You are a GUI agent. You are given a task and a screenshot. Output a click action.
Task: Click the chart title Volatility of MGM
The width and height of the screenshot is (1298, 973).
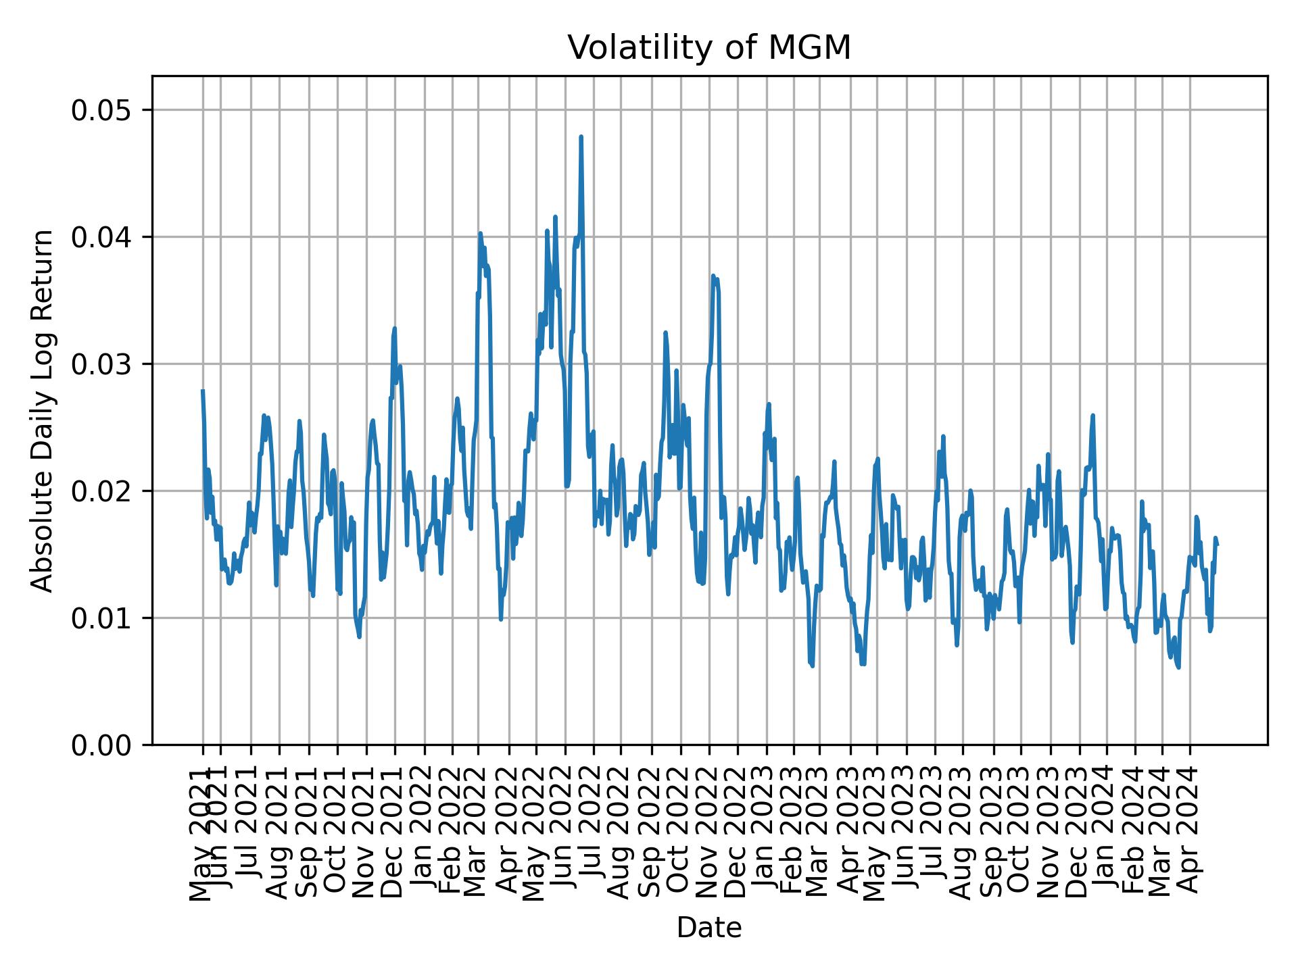708,49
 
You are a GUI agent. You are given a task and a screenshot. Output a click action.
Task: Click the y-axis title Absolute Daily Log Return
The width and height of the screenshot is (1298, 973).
43,410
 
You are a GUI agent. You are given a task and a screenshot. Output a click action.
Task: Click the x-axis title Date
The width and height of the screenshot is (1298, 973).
708,928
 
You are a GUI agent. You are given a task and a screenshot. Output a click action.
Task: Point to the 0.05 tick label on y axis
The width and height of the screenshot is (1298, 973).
101,110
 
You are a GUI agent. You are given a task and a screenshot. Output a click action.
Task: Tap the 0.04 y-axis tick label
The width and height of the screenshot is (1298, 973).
101,237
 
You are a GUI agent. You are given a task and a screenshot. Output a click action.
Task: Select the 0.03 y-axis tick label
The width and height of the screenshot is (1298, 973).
101,364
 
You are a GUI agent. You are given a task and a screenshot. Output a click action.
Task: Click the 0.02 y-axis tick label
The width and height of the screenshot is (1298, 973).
101,491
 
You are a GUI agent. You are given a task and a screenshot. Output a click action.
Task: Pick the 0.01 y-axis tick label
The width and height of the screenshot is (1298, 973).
101,618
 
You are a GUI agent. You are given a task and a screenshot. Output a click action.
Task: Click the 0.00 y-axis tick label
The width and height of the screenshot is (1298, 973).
101,745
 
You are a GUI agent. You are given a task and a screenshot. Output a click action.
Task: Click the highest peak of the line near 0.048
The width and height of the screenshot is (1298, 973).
581,137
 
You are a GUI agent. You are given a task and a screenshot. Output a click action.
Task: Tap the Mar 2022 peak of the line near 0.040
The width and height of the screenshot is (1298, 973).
480,234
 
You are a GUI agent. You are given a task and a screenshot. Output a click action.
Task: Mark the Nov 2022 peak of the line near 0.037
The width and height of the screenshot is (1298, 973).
713,276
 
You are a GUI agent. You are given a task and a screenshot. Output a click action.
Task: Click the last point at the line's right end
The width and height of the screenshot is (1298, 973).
1217,545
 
